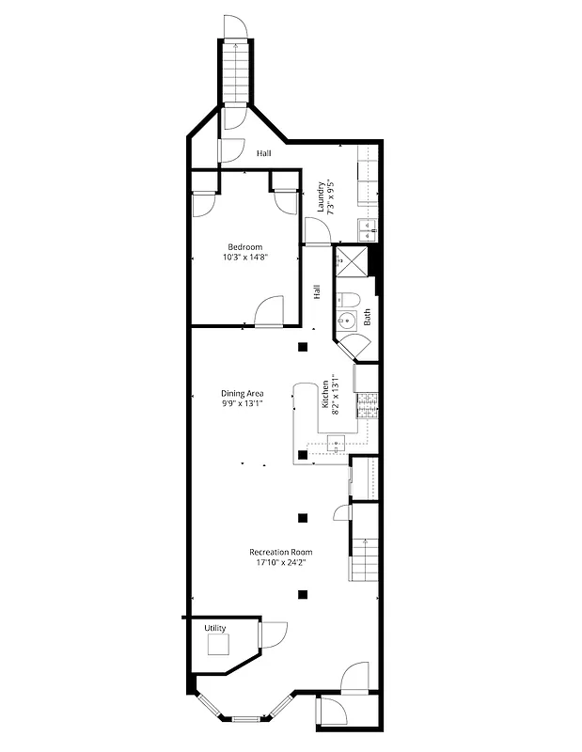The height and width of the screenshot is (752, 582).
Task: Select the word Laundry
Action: point(321,197)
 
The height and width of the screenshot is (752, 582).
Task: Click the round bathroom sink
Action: point(348,321)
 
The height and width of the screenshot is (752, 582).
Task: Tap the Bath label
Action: point(368,318)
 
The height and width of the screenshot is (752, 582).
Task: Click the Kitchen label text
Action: point(325,395)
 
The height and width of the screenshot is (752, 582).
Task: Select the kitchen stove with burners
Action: point(367,404)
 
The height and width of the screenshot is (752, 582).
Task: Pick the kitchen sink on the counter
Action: point(338,440)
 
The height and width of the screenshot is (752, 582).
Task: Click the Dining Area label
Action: point(242,393)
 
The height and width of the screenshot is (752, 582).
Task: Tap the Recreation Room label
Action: point(281,552)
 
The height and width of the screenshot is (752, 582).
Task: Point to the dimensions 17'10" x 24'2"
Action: point(281,562)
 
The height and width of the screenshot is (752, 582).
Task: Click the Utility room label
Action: point(215,627)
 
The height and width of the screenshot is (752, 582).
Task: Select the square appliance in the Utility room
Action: point(219,646)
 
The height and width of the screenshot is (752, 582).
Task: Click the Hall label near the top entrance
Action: point(264,152)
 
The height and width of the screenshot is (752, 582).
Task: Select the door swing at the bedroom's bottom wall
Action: point(269,311)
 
